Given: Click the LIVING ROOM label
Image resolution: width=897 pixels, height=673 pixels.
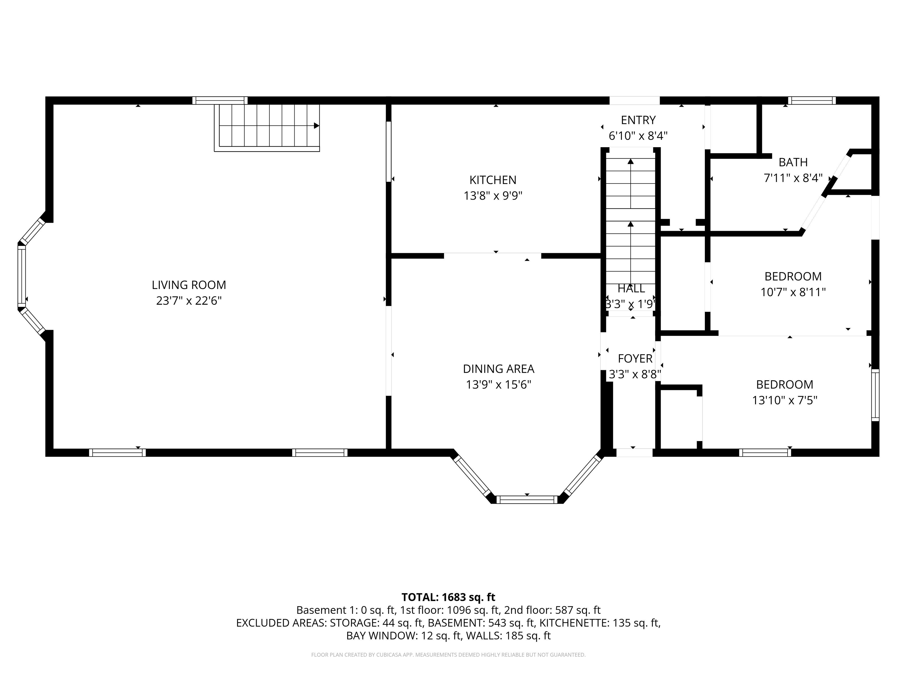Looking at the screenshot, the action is point(189,285).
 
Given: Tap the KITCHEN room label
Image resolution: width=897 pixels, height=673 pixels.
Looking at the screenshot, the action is point(493,180).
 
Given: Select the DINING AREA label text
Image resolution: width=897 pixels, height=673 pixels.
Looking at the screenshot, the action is point(498,369).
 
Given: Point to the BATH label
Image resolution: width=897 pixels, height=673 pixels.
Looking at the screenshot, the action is point(793,162).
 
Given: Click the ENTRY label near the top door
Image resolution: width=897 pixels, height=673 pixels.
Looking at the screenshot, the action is point(638,120).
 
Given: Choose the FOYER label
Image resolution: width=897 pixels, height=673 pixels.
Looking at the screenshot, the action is point(635,359).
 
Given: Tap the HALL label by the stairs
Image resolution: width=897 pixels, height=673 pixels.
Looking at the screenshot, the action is point(631,288).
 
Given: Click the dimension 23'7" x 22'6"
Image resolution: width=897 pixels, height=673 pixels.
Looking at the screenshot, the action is point(189,301).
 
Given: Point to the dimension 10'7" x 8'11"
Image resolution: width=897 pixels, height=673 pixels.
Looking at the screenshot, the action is point(793,292).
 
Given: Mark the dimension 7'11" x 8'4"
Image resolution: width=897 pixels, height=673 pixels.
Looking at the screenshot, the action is point(793,178).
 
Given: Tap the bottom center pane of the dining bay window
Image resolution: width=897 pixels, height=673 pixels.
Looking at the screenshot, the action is point(527,500).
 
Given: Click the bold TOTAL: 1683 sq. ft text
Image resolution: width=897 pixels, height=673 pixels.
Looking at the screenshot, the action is point(448,597).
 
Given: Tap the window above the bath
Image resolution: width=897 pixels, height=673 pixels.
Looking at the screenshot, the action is point(812,100).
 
